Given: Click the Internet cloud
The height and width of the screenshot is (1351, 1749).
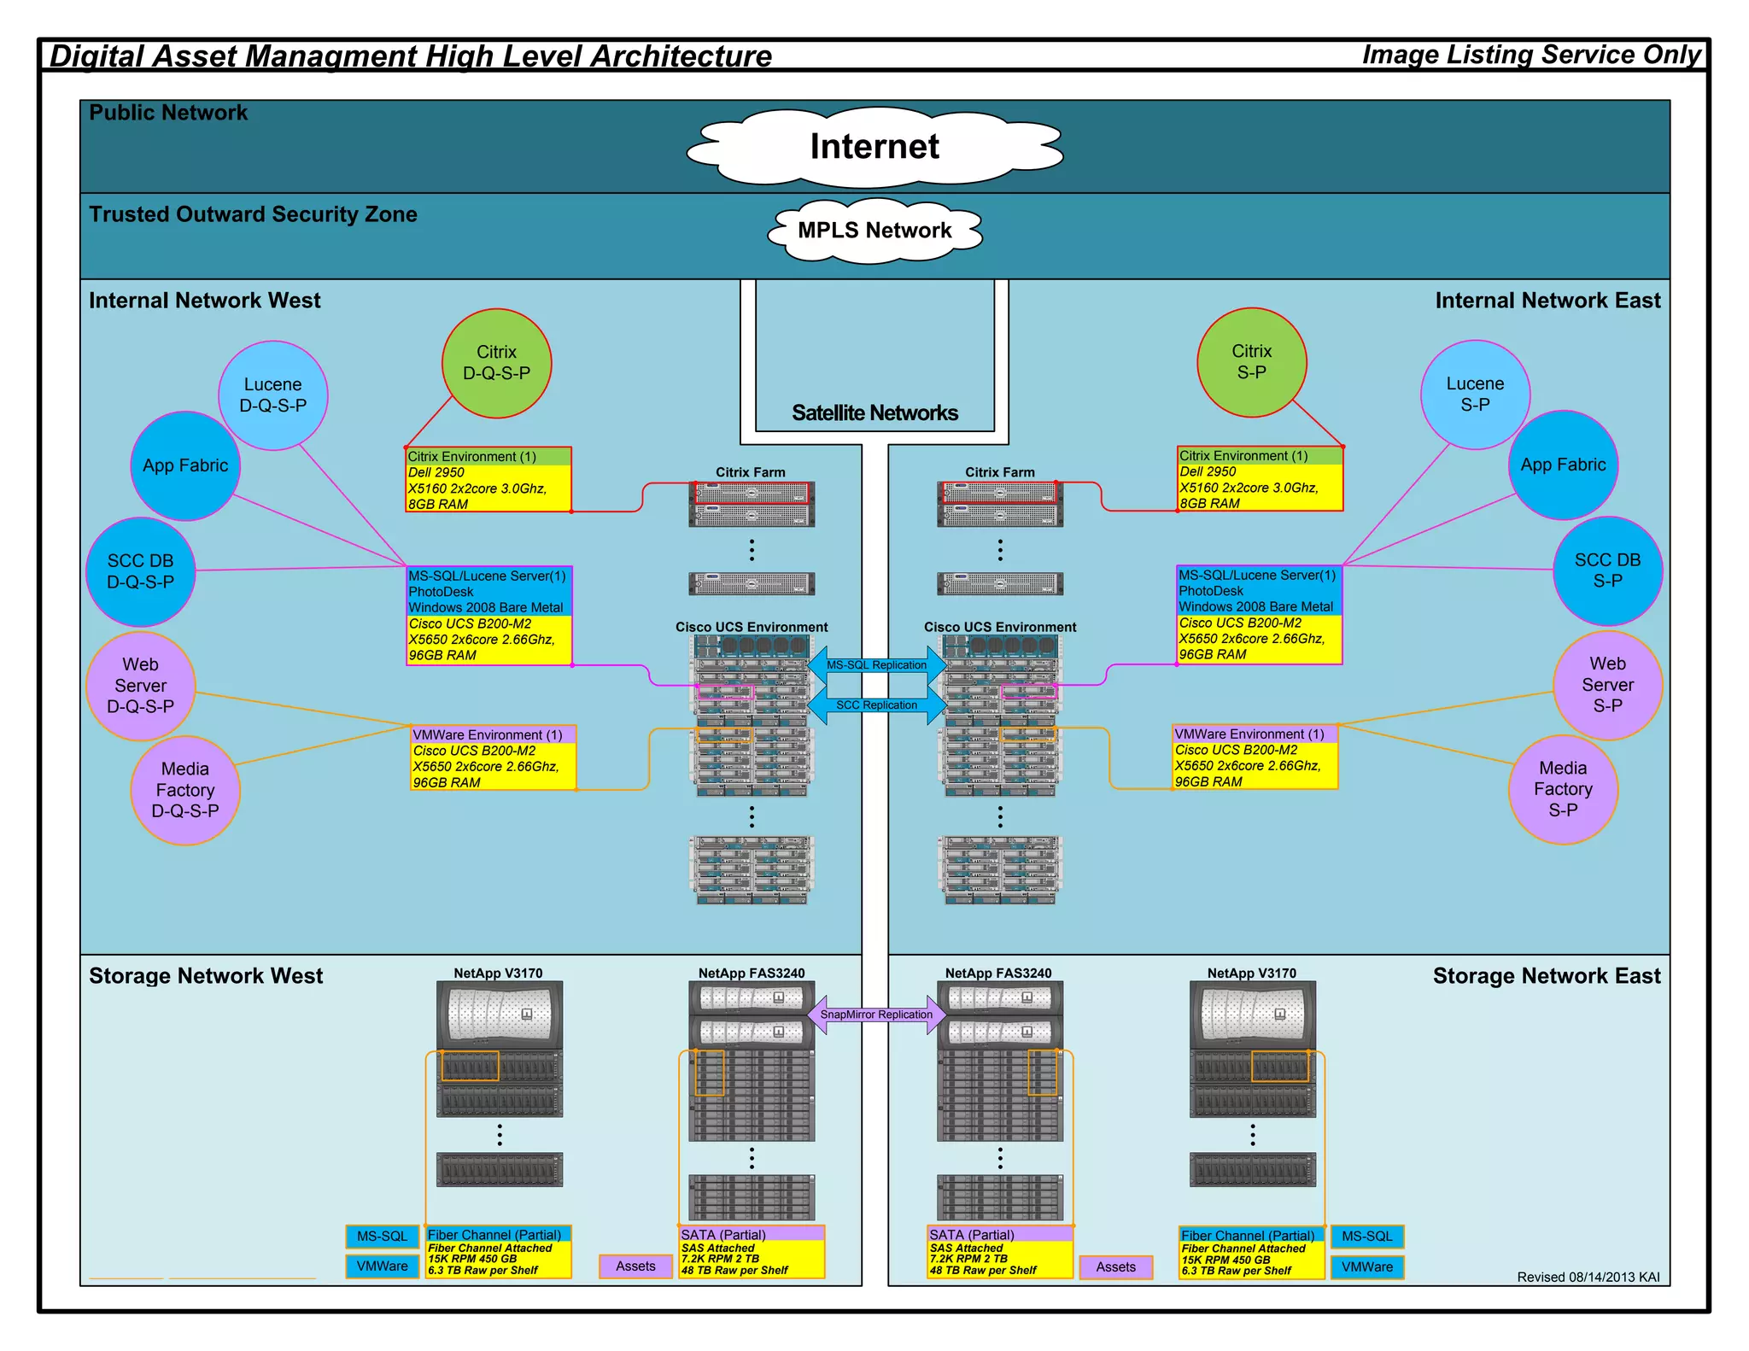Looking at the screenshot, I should click(874, 147).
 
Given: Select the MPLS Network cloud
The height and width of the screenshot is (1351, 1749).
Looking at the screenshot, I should click(874, 231).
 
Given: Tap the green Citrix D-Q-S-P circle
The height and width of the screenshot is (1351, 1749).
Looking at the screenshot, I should click(496, 363).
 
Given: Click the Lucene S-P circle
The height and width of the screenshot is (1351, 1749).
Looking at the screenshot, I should click(1475, 395).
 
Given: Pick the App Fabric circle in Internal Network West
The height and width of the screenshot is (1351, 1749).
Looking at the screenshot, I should click(185, 465).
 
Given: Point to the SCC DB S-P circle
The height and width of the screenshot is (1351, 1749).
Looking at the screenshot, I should click(1607, 570).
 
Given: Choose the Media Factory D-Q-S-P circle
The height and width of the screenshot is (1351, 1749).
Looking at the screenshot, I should click(185, 790).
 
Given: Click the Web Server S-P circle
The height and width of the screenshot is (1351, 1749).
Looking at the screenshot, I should click(1607, 685).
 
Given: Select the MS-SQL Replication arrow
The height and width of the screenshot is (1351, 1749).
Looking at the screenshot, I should click(876, 665).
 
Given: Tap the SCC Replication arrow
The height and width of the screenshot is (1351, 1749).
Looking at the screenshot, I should click(876, 705).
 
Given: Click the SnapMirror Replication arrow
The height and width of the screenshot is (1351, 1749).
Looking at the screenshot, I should click(876, 1015).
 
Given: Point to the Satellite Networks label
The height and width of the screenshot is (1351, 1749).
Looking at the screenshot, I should click(874, 413).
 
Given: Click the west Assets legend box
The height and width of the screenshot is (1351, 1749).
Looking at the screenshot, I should click(635, 1266).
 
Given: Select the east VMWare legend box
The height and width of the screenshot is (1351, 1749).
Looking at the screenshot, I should click(1366, 1267).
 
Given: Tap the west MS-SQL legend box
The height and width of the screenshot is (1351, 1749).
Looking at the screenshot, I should click(382, 1237).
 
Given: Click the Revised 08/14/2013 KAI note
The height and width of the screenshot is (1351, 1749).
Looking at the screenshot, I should click(1588, 1278).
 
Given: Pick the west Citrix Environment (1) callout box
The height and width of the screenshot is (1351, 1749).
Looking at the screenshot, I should click(488, 480).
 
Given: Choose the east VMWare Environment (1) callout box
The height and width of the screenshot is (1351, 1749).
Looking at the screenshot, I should click(1255, 757).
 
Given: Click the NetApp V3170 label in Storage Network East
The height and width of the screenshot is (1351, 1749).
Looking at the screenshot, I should click(1251, 974).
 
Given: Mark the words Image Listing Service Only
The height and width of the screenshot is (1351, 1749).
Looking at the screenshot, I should click(1531, 55).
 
